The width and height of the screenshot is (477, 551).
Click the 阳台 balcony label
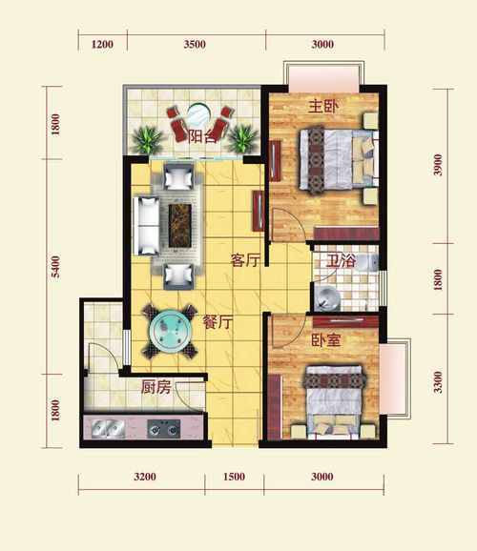click(x=202, y=136)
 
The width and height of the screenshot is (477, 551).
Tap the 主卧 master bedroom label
click(x=323, y=107)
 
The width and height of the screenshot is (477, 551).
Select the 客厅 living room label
click(x=245, y=260)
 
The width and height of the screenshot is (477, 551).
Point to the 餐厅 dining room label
click(x=218, y=322)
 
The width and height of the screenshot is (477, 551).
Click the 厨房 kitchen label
click(x=156, y=387)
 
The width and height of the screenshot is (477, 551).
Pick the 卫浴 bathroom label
click(x=341, y=261)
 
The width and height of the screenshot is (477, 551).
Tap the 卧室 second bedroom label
click(x=326, y=339)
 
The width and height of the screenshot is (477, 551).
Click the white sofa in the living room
click(x=146, y=226)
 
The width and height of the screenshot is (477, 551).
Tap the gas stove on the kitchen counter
click(x=163, y=429)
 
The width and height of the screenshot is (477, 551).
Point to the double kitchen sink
click(x=108, y=429)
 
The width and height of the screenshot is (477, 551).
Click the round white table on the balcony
click(x=198, y=113)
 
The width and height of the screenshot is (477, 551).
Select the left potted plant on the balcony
click(x=147, y=139)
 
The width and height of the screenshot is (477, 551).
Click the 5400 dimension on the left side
click(x=55, y=267)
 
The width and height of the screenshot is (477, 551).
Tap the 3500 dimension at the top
click(x=195, y=45)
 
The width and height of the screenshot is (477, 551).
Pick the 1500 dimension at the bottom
click(x=234, y=477)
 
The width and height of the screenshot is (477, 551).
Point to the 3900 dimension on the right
click(x=438, y=165)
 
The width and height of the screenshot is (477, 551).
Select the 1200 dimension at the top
click(x=102, y=45)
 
